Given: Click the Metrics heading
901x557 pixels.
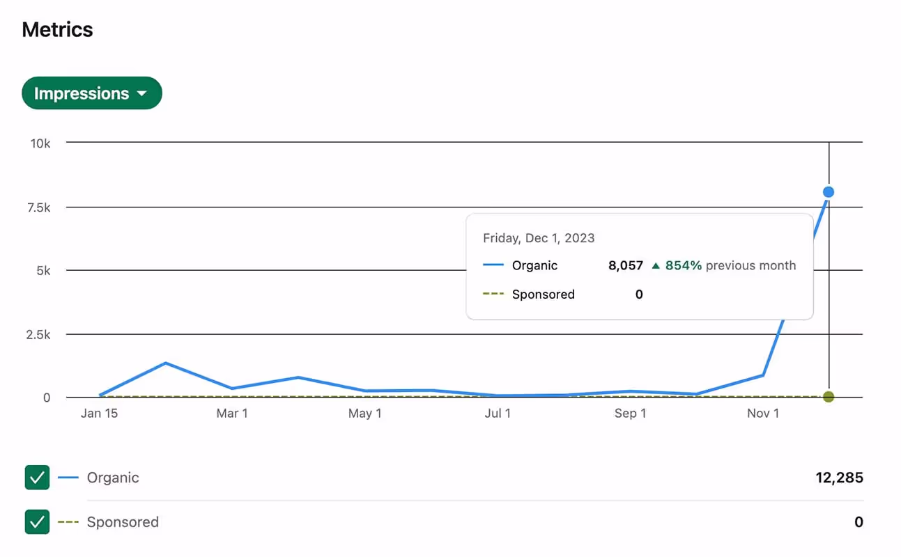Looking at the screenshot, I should (x=57, y=30).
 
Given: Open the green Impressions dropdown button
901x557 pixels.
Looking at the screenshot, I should (x=91, y=93).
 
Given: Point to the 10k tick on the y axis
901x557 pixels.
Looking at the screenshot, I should (x=40, y=143).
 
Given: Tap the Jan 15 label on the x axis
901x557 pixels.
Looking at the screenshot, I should (x=99, y=414).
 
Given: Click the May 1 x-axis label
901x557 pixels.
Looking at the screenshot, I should (x=364, y=414).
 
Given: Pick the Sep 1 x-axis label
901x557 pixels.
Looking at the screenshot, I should (x=630, y=414).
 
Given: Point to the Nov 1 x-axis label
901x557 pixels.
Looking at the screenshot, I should (x=763, y=414).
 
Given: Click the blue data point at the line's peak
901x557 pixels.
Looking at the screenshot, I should (x=829, y=192).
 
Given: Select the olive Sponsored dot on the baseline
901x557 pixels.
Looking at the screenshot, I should (x=829, y=397).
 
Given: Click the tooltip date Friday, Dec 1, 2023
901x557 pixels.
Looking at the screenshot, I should (x=539, y=238).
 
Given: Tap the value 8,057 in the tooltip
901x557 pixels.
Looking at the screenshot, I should (x=625, y=265).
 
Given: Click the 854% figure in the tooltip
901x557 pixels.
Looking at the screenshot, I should (x=683, y=265).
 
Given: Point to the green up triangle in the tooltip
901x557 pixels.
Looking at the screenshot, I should (x=655, y=265).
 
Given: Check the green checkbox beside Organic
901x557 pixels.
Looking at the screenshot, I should (x=37, y=478).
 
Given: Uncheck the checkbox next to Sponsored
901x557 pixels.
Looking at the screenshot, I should (x=37, y=521).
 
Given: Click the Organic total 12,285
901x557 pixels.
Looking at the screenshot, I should (x=839, y=478).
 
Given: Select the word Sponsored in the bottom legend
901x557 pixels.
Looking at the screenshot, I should (x=123, y=522).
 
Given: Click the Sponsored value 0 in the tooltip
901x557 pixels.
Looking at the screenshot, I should (x=639, y=295).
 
